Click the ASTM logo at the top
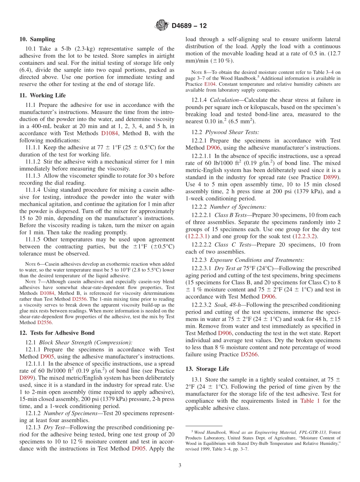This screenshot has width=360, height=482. (162, 26)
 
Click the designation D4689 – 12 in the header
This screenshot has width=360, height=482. (189, 26)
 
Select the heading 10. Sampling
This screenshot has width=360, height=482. (37, 39)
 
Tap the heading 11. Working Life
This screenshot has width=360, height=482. (42, 95)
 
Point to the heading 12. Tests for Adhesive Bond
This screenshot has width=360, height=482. (57, 333)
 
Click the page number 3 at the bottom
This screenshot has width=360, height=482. (180, 465)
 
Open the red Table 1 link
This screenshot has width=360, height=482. (310, 401)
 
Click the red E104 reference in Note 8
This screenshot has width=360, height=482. (209, 84)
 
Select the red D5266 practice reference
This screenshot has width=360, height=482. (249, 354)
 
